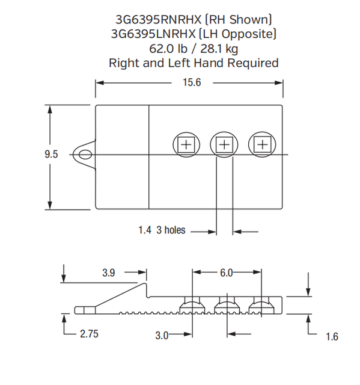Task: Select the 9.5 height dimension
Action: pos(51,155)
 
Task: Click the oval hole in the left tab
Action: pos(86,155)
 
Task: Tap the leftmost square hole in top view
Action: pos(186,144)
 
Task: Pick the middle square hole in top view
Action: pos(224,144)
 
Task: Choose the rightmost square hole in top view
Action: pos(261,144)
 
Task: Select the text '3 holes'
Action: pos(171,230)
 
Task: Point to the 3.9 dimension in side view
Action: pos(108,273)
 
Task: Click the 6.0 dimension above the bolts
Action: pos(226,273)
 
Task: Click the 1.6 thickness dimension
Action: pos(332,337)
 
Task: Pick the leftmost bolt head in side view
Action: pos(192,306)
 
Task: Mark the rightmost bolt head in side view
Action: pos(261,306)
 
